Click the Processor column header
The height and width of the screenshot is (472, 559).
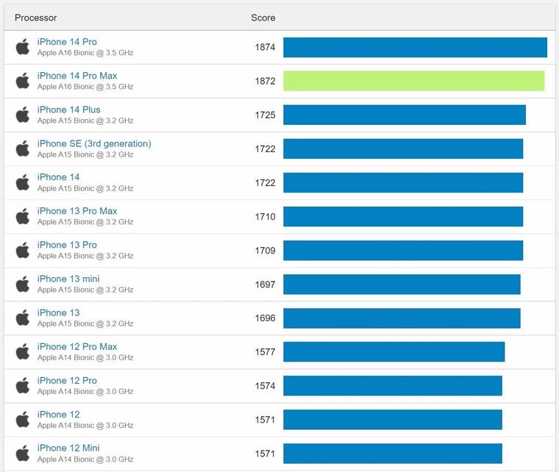35,18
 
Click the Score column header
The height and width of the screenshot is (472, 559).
263,18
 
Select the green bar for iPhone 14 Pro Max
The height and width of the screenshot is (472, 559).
413,81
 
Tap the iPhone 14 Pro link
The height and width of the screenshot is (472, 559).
67,42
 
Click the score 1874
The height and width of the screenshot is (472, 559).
265,47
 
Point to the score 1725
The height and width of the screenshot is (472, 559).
265,115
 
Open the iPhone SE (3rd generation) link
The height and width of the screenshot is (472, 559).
94,143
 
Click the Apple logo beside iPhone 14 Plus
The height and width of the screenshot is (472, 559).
23,115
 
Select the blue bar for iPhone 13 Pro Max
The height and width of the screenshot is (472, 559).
403,216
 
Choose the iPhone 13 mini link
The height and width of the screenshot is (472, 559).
68,279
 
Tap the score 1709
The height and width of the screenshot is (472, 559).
265,250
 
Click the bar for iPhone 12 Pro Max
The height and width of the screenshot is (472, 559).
394,351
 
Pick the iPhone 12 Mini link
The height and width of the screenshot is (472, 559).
68,448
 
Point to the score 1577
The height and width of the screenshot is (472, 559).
265,351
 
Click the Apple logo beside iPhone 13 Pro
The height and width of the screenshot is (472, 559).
23,250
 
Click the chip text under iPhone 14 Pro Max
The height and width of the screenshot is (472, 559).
85,87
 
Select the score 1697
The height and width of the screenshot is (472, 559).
265,284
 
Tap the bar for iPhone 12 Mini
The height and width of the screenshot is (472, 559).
392,453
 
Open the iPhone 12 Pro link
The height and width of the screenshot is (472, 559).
67,380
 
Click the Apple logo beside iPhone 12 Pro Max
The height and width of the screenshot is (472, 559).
23,351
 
